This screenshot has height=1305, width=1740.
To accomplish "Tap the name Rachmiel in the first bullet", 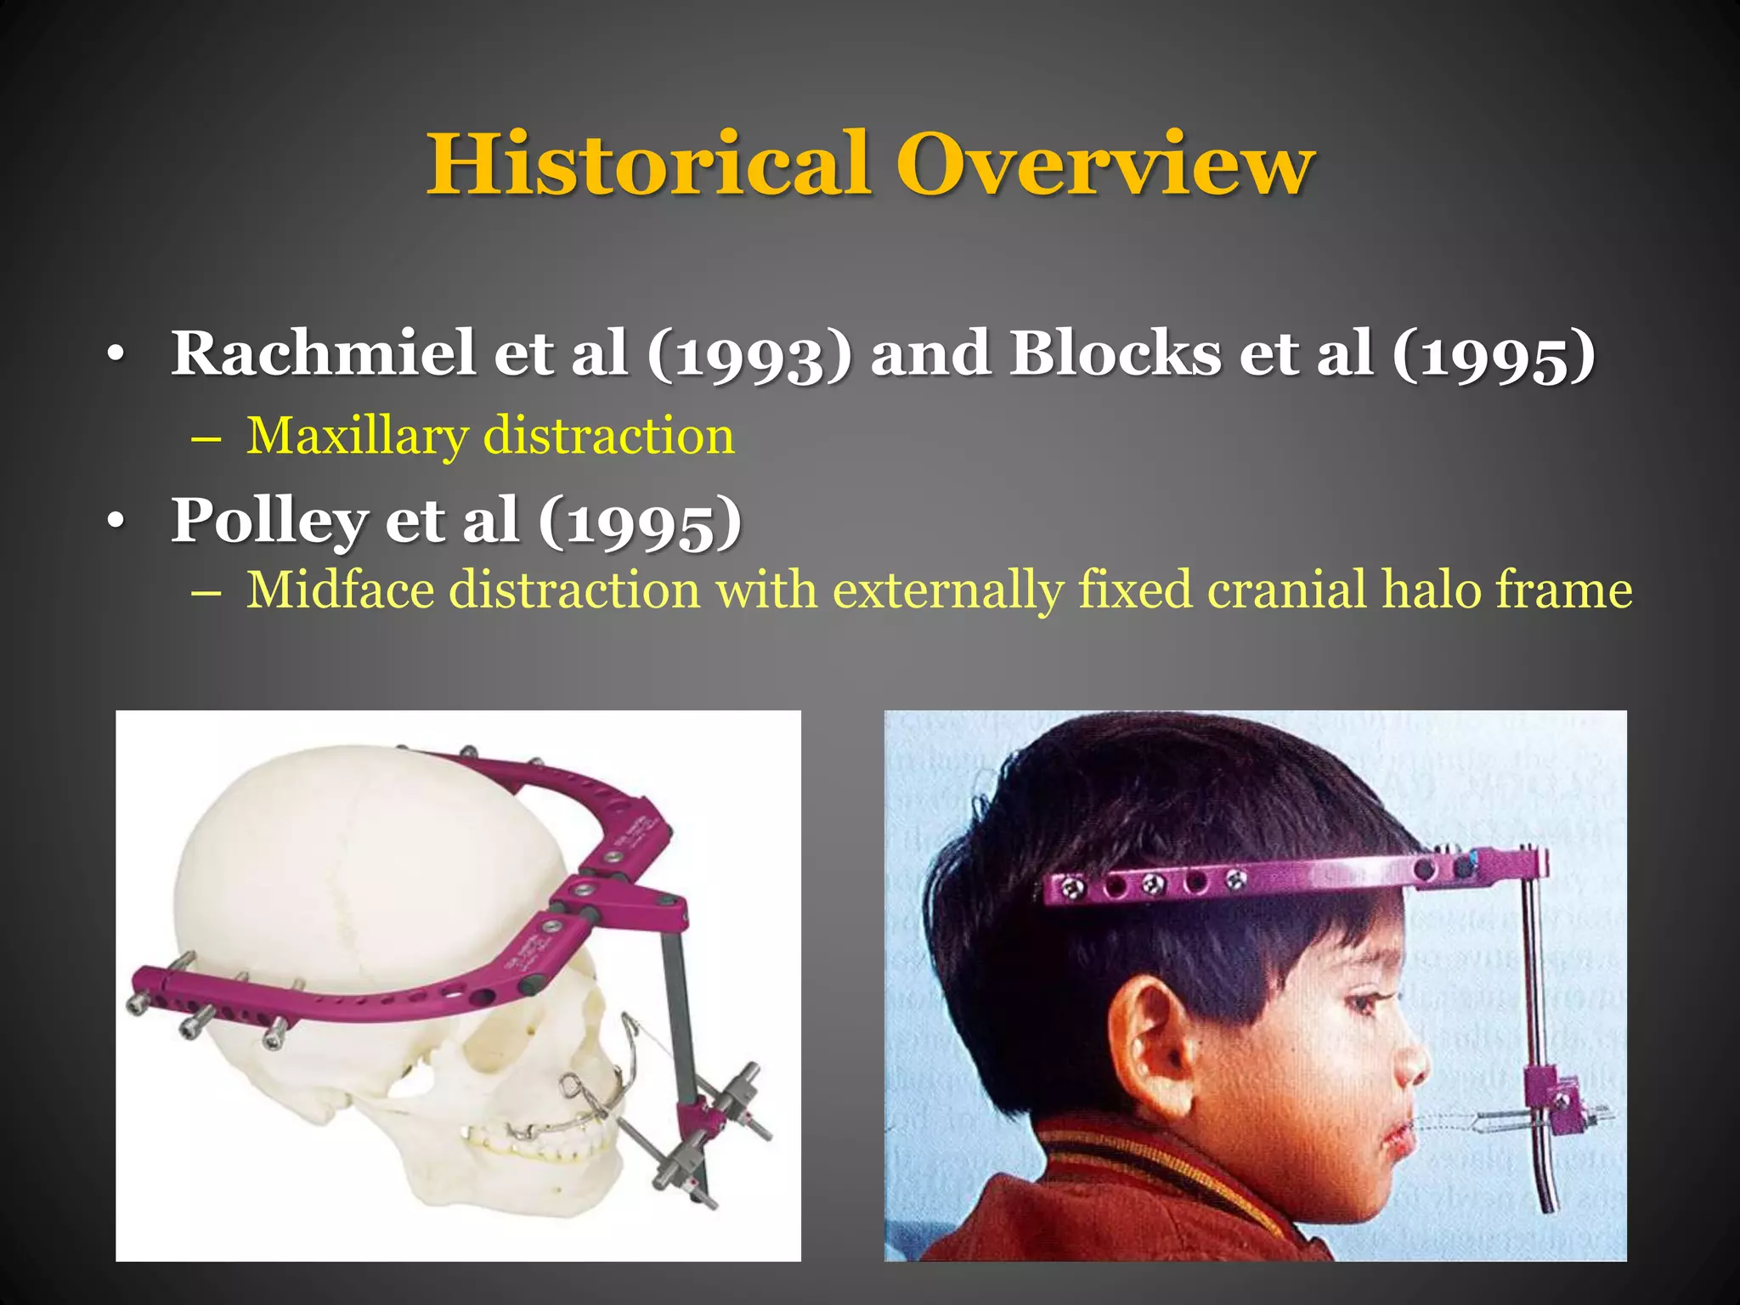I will pos(323,353).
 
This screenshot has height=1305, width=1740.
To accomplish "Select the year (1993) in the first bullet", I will pos(749,355).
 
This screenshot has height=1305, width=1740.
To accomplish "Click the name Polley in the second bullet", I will pos(268,520).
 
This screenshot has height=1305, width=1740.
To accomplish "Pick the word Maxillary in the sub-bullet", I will pos(357,437).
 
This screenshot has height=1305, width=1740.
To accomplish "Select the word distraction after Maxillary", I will pos(608,437).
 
